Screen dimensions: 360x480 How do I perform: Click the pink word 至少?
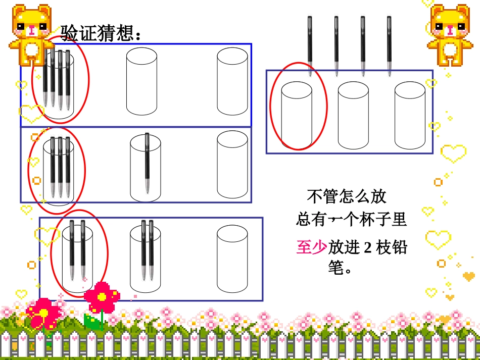pyautogui.click(x=311, y=247)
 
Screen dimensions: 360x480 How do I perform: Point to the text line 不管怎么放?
pyautogui.click(x=347, y=196)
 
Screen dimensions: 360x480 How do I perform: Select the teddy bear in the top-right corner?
pyautogui.click(x=450, y=34)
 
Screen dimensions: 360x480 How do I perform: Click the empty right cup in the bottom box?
pyautogui.click(x=232, y=259)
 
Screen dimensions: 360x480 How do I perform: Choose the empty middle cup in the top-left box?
pyautogui.click(x=141, y=81)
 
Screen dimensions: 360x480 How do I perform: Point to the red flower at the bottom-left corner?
pyautogui.click(x=43, y=313)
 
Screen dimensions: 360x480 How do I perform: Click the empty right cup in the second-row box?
pyautogui.click(x=232, y=165)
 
